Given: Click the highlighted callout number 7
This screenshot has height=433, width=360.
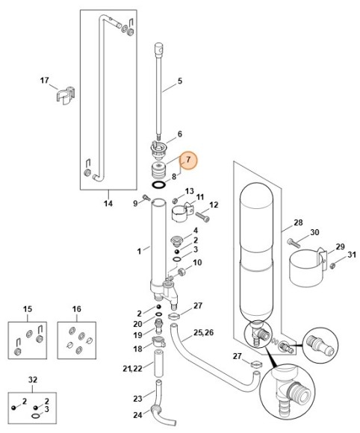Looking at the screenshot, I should (189, 160).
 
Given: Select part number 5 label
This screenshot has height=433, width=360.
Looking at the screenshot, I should (179, 80).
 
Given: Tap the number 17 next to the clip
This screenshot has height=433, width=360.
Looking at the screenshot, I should (44, 80).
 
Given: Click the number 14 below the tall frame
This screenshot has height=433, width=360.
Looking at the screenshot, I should (108, 202).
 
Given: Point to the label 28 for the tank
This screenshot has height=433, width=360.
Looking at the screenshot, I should (298, 222).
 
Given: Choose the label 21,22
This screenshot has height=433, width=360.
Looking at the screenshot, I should (133, 369).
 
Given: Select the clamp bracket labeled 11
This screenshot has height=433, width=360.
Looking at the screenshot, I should (183, 214).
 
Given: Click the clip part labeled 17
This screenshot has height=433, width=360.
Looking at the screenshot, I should (66, 97).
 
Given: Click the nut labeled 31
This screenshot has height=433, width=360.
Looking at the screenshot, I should (333, 262).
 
